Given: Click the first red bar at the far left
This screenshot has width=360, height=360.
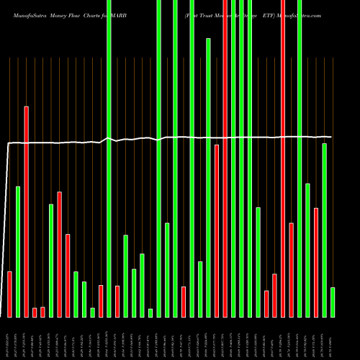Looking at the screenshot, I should [9, 294].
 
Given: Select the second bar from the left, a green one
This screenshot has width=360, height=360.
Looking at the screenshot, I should [18, 251].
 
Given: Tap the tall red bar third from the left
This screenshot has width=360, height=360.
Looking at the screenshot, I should [26, 211].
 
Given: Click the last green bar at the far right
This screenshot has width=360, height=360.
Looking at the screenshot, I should [333, 302].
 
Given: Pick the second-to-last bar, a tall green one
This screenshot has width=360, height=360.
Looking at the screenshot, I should [325, 230].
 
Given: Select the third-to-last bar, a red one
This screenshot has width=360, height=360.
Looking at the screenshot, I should [316, 262].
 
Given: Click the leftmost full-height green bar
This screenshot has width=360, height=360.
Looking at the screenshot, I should [109, 158].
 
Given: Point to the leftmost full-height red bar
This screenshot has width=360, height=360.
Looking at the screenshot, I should [225, 158].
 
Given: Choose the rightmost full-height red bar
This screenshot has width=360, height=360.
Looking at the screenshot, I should [283, 158].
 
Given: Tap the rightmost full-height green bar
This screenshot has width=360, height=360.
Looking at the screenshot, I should [300, 158].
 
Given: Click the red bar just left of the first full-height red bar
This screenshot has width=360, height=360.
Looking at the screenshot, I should [217, 230].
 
